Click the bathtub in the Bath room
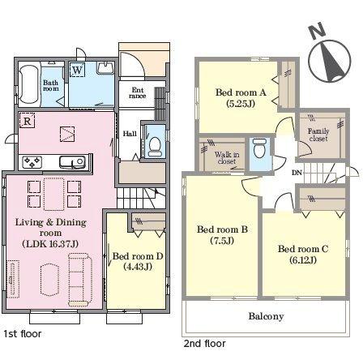(x=29, y=84)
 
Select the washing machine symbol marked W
(x=77, y=70)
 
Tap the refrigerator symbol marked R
(x=27, y=121)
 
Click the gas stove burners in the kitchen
(x=32, y=162)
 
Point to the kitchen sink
(x=72, y=162)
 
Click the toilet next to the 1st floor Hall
(x=155, y=146)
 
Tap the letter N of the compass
(x=318, y=31)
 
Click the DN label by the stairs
(x=297, y=173)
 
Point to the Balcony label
(x=266, y=316)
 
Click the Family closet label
(x=318, y=135)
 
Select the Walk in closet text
(x=227, y=158)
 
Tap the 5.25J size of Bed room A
(x=241, y=104)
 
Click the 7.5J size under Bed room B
(x=222, y=240)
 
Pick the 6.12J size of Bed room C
(x=303, y=259)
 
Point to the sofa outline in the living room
(x=80, y=280)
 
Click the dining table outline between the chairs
(x=54, y=194)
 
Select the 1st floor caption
(x=23, y=334)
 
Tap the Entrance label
(x=138, y=92)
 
